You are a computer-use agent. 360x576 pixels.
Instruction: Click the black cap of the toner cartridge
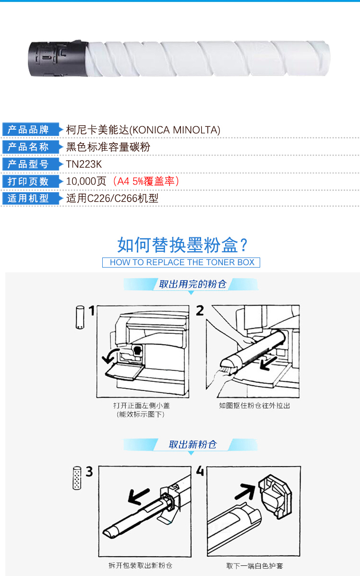pos(58,59)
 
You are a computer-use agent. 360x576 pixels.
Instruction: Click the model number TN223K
pos(84,164)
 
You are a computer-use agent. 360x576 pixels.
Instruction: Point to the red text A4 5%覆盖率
pos(146,181)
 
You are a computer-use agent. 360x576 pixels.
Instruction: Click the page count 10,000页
pos(86,181)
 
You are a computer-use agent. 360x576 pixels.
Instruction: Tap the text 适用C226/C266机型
pos(112,198)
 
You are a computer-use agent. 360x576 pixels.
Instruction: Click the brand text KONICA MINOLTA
pos(175,130)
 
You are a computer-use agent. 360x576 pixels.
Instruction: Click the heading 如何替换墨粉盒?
pos(182,245)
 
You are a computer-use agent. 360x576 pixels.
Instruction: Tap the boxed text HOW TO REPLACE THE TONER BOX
pos(181,262)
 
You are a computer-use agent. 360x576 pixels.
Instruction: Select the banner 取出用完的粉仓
pos(192,284)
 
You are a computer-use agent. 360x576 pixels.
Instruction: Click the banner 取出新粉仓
pos(192,444)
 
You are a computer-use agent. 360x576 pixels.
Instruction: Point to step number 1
pos(91,311)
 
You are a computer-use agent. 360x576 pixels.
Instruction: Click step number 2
pos(200,311)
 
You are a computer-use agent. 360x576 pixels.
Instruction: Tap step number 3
pos(89,471)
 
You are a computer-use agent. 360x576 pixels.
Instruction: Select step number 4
pos(200,471)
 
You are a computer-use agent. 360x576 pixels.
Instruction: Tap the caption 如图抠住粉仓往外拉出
pos(254,405)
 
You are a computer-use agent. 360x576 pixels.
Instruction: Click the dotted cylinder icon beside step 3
pos(77,478)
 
